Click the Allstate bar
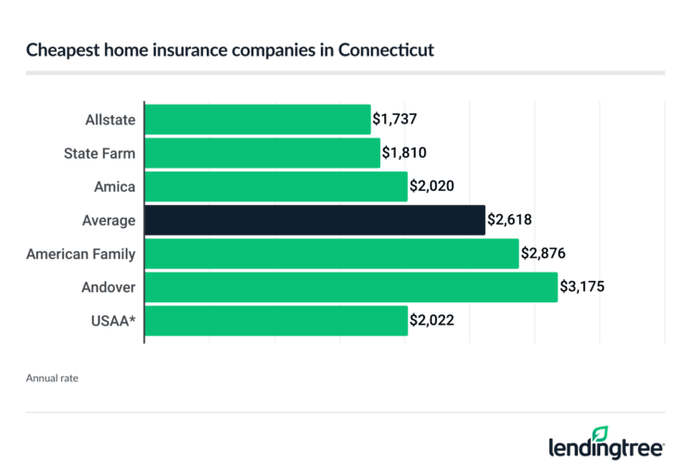[x=257, y=120]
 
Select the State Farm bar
[x=262, y=153]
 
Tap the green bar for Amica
[x=275, y=186]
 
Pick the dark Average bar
[x=314, y=220]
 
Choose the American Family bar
[x=331, y=253]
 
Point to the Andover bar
[x=351, y=287]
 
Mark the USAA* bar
[x=275, y=320]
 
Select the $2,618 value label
[x=509, y=221]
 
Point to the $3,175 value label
[x=582, y=288]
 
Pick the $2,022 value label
[x=432, y=321]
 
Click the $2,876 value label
[x=543, y=254]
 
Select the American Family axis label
[x=81, y=253]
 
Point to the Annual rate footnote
[x=54, y=378]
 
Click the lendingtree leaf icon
[x=600, y=434]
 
